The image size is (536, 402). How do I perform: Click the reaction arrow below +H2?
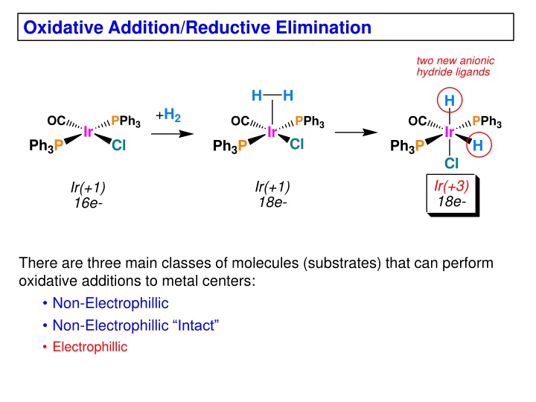pyautogui.click(x=169, y=134)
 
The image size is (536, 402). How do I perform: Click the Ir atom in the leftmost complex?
pyautogui.click(x=89, y=133)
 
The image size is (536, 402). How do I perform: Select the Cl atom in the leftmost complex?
pyautogui.click(x=118, y=146)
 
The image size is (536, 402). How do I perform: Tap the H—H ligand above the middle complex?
pyautogui.click(x=272, y=96)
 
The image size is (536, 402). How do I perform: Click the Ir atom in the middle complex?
pyautogui.click(x=272, y=133)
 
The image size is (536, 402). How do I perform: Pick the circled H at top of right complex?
pyautogui.click(x=450, y=100)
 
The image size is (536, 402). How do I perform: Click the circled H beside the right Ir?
pyautogui.click(x=477, y=146)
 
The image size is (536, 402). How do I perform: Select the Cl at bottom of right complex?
pyautogui.click(x=450, y=164)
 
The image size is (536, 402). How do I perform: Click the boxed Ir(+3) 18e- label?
pyautogui.click(x=451, y=194)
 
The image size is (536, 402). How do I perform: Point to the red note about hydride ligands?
pyautogui.click(x=455, y=66)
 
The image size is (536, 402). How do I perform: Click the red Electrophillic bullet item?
pyautogui.click(x=90, y=347)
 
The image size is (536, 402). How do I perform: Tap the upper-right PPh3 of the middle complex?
pyautogui.click(x=310, y=121)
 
